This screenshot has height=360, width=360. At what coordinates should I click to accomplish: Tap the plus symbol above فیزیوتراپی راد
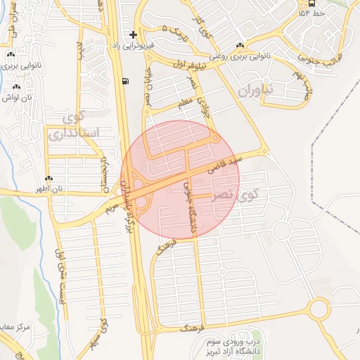click(x=133, y=34)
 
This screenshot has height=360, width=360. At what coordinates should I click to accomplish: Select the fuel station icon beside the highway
click(x=125, y=81)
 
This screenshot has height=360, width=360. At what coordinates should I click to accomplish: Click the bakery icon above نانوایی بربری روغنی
click(x=240, y=45)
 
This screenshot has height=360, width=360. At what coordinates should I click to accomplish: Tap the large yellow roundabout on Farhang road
click(x=319, y=309)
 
